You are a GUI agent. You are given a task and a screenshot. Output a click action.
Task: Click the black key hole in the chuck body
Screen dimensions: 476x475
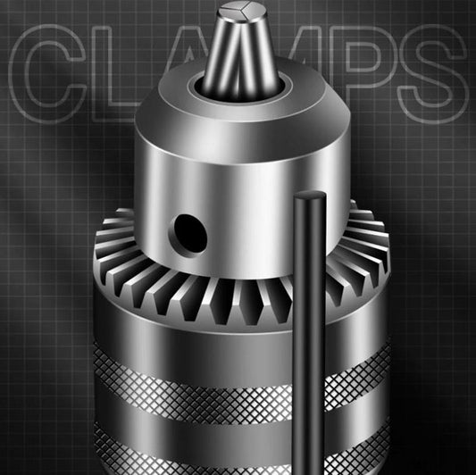pos(190,233)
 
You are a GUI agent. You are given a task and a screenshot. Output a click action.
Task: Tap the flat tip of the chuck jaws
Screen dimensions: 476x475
pos(243,11)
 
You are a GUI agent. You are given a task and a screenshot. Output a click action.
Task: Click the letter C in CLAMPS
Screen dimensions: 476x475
pos(47,74)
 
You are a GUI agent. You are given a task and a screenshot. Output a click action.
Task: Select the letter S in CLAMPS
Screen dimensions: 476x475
pos(432,74)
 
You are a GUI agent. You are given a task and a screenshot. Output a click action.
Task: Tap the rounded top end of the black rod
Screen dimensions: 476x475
pos(310,196)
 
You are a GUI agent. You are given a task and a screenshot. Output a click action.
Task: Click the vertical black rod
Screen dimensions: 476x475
pos(309,333)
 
